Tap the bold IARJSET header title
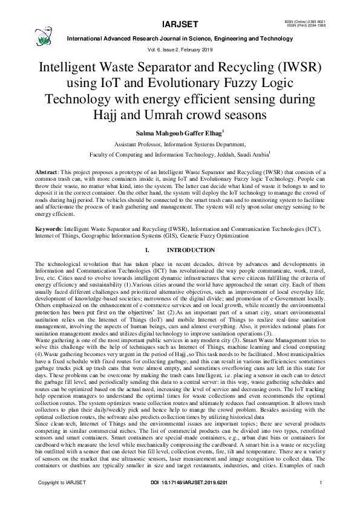tap(180, 25)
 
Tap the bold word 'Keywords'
tap(49, 229)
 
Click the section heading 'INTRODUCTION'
tap(191, 250)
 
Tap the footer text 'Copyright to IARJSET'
tap(62, 499)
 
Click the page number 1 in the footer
tap(319, 499)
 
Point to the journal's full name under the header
tap(180, 38)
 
